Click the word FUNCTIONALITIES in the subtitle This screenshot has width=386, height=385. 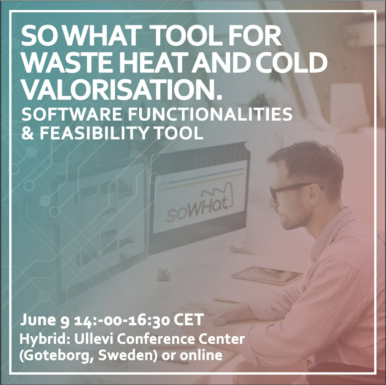pyautogui.click(x=210, y=114)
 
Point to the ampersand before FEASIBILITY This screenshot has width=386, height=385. pyautogui.click(x=28, y=133)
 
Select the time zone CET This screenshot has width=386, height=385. pyautogui.click(x=188, y=320)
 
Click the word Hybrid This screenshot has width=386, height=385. pyautogui.click(x=45, y=340)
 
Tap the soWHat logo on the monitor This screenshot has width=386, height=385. pyautogui.click(x=199, y=206)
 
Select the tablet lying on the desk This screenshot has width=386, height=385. pyautogui.click(x=267, y=275)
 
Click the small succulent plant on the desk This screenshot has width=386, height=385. pyautogui.click(x=164, y=275)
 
